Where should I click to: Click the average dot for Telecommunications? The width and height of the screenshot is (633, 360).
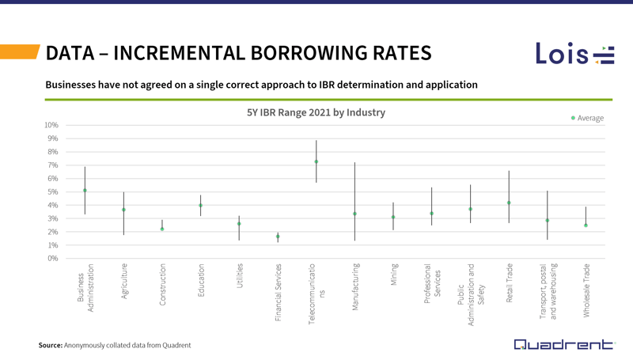(316, 161)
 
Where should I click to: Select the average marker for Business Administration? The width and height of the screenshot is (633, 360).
(85, 191)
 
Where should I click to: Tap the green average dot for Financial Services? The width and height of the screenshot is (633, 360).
(278, 237)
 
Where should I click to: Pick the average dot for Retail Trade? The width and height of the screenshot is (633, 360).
(509, 203)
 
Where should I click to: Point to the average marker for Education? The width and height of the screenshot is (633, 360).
(200, 206)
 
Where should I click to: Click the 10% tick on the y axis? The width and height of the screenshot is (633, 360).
(51, 125)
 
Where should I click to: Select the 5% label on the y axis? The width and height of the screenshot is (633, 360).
(51, 191)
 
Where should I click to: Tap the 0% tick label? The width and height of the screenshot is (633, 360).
(51, 258)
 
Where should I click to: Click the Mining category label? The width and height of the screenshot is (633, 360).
(393, 275)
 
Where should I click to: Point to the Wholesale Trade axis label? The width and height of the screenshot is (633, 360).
(586, 290)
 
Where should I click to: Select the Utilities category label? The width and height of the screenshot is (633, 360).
(239, 276)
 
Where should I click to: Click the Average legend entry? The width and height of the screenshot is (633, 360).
(586, 118)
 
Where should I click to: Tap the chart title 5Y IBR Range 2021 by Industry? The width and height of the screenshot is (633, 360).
(316, 113)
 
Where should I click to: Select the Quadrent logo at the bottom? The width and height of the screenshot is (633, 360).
(563, 344)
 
